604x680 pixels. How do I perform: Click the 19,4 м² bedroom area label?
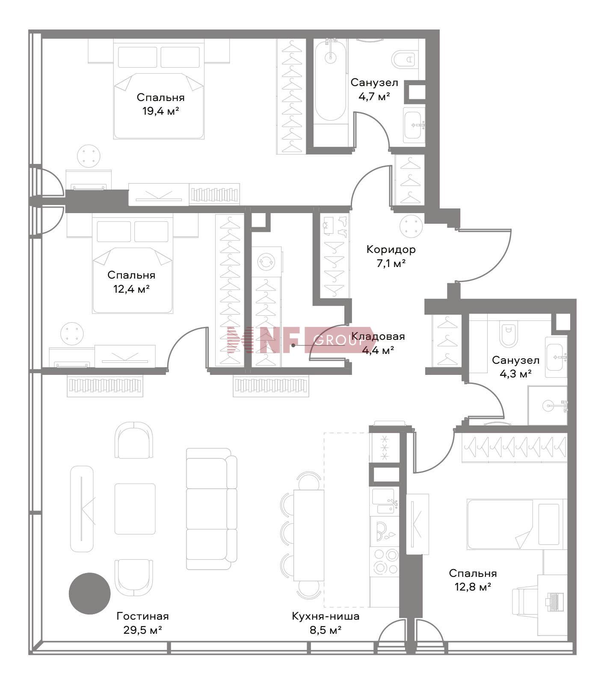pos(160,112)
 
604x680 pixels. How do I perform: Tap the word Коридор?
pos(391,249)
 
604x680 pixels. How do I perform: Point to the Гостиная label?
pos(142,616)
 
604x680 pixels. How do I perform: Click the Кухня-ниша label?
pos(326,616)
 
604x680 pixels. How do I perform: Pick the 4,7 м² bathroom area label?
pos(374,96)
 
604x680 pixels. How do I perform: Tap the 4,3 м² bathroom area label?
pos(515,374)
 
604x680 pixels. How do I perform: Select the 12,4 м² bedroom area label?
pos(131,289)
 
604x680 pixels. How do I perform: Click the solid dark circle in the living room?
pos(90,594)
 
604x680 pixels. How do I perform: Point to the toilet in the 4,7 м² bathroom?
pos(404,59)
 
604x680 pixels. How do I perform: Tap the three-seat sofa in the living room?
pos(212,509)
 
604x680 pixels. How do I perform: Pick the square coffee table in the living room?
pos(135,509)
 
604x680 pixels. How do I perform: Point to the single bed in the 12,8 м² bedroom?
pos(517,524)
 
